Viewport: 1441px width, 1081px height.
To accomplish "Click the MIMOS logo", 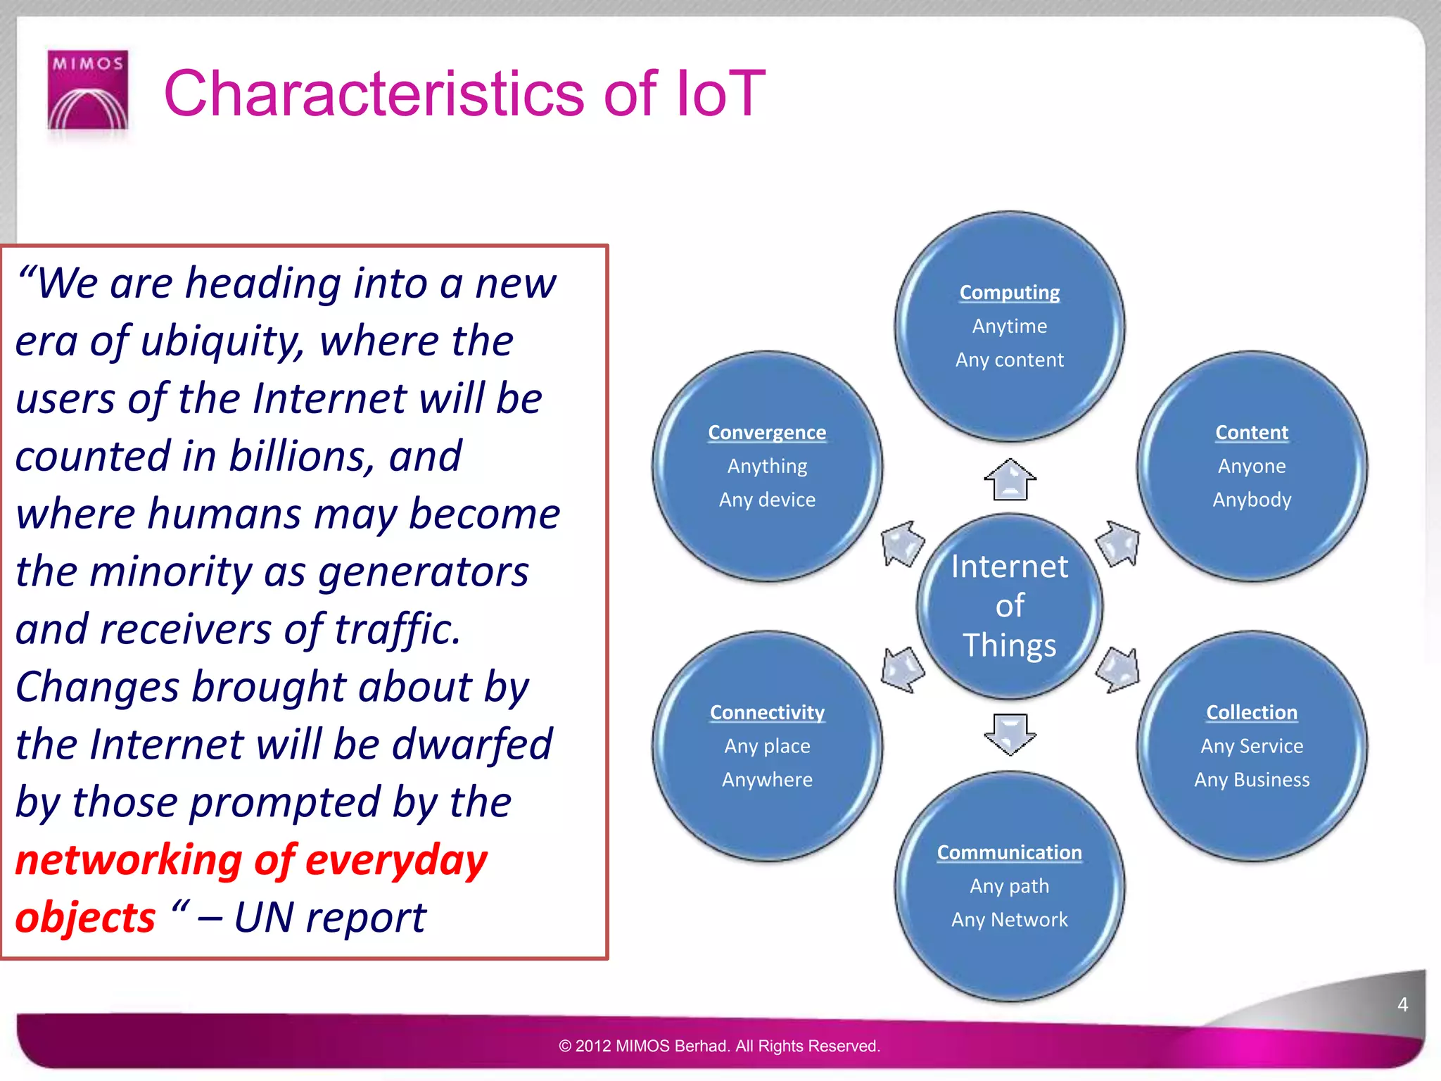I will coord(88,90).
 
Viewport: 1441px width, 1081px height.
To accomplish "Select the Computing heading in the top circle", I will coord(1009,292).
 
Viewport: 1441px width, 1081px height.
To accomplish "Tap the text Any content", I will coord(1009,360).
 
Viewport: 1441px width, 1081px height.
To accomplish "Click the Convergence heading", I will coord(766,432).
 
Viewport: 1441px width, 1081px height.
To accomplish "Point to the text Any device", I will coord(766,500).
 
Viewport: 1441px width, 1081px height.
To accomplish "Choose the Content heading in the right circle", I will coord(1251,432).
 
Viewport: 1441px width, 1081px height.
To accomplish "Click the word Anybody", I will coord(1251,500).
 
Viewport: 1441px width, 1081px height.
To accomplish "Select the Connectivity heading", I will coord(766,712).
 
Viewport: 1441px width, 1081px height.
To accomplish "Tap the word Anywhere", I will coord(766,780).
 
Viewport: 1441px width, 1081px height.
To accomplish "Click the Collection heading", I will coord(1251,712).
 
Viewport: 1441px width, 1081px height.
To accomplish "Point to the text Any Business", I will coord(1251,780).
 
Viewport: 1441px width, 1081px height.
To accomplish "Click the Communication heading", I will coord(1009,852).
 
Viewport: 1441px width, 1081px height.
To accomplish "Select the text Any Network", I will coord(1009,920).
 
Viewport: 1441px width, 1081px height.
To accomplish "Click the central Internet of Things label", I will coord(1009,606).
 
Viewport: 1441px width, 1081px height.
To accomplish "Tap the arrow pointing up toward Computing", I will coord(1010,479).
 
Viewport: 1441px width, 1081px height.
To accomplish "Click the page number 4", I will coord(1402,1004).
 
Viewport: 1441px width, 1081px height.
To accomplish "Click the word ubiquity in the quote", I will coord(223,341).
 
